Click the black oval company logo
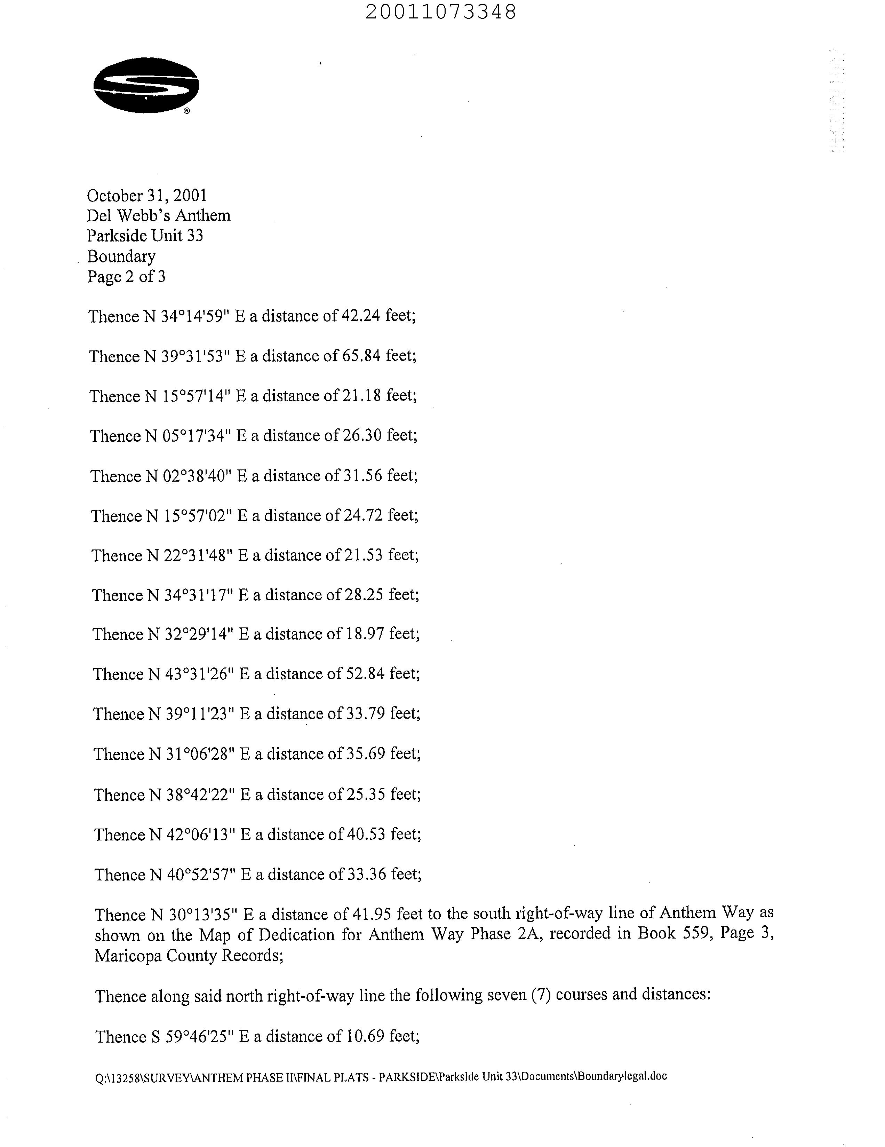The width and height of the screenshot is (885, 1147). [146, 85]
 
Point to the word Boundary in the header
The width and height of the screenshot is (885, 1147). [121, 256]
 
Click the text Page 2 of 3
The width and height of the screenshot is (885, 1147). [126, 276]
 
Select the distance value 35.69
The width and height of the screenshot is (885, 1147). [365, 754]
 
